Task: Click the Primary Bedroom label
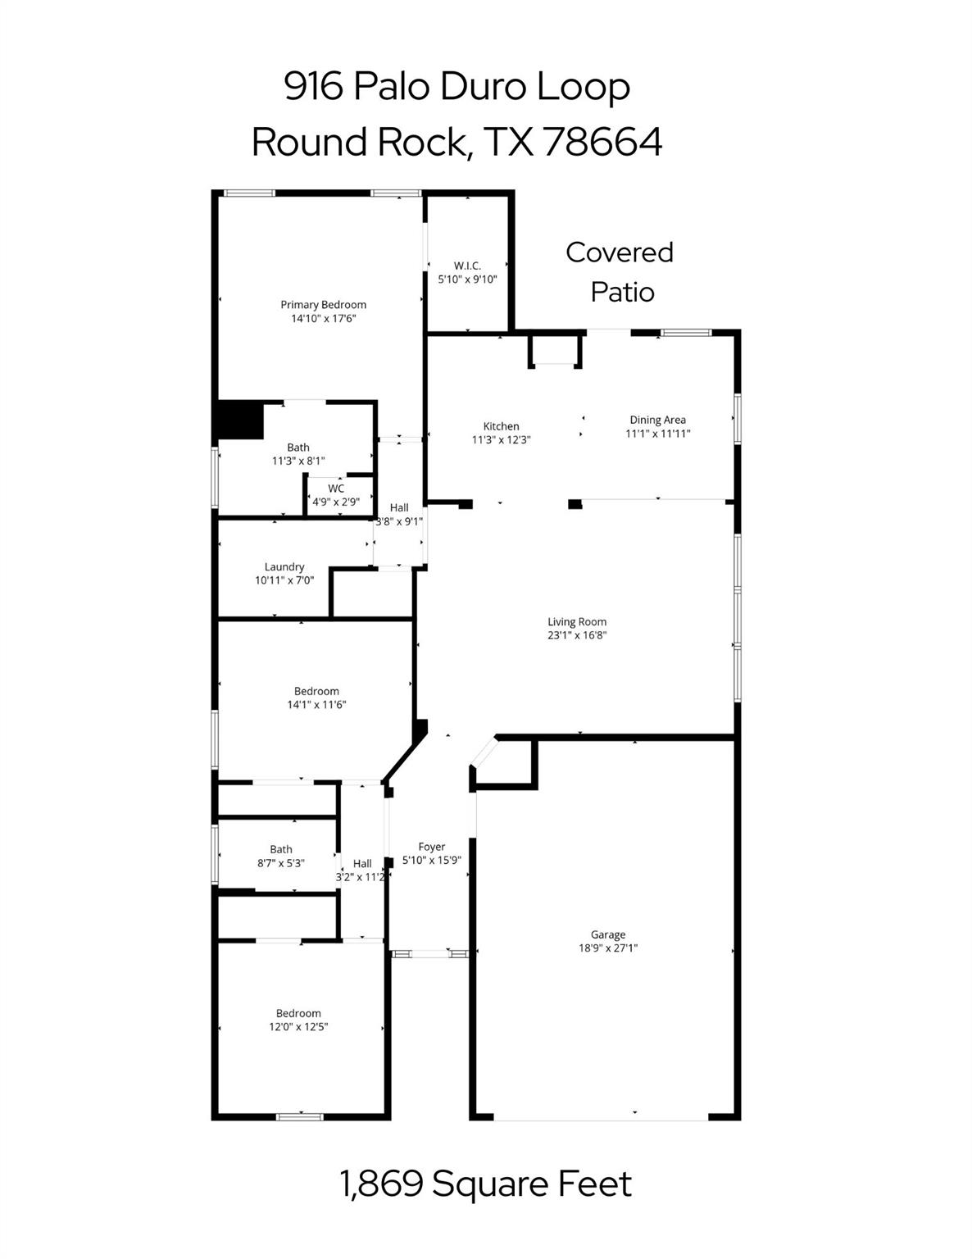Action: [x=323, y=305]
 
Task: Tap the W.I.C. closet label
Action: [x=467, y=266]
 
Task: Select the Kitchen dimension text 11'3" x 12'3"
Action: [x=502, y=439]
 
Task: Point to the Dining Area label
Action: [x=657, y=420]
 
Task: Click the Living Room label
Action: [x=577, y=621]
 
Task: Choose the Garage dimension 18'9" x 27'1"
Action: [x=608, y=948]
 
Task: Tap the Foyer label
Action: [x=432, y=847]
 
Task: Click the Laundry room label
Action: [x=284, y=566]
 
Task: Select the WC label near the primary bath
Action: [x=336, y=489]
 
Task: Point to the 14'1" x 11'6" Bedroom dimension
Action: [x=316, y=704]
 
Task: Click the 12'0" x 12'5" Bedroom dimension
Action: [x=298, y=1026]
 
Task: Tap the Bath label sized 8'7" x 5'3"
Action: [x=281, y=849]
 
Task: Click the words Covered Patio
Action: [x=620, y=271]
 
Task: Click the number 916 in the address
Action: [x=313, y=87]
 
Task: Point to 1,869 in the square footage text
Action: [x=381, y=1184]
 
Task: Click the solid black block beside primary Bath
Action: [x=238, y=420]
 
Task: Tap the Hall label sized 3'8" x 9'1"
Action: [x=399, y=507]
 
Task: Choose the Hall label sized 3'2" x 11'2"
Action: [x=362, y=863]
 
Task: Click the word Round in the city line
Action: [x=309, y=142]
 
